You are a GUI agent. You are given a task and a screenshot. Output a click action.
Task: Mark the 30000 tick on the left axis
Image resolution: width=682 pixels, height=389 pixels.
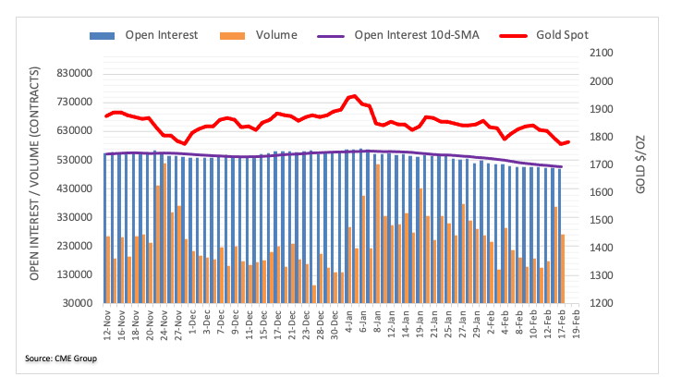pos(79,303)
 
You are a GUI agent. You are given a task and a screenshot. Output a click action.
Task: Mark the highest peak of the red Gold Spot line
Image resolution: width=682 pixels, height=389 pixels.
pos(354,96)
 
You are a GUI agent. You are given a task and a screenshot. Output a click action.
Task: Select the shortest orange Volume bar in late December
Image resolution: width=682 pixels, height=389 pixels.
pos(314,294)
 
